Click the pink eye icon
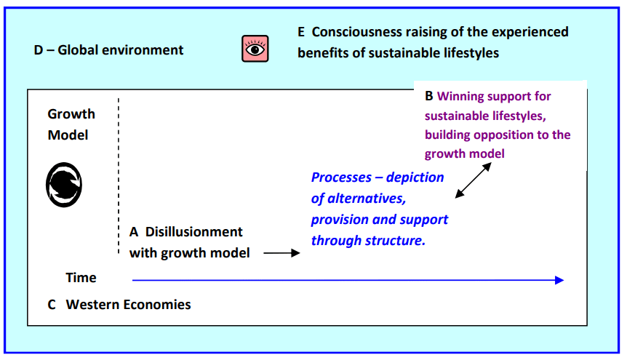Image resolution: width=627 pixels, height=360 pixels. click(x=255, y=49)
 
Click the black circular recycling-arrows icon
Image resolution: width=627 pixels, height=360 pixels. click(x=65, y=184)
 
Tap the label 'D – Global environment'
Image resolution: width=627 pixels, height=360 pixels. click(x=108, y=50)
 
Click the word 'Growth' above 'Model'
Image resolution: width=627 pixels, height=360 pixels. click(x=71, y=114)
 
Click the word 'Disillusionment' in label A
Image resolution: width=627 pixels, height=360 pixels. click(x=193, y=232)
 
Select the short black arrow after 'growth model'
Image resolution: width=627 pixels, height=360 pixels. click(x=281, y=253)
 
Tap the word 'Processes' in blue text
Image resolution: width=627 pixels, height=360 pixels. click(x=345, y=177)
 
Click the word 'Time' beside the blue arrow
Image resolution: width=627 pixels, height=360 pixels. click(x=81, y=278)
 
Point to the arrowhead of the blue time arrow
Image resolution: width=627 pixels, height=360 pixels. click(x=559, y=280)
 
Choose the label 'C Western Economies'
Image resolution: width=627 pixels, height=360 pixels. click(x=119, y=305)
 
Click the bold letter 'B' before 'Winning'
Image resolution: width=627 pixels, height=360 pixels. click(x=429, y=96)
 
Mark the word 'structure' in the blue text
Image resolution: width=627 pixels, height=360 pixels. click(x=399, y=240)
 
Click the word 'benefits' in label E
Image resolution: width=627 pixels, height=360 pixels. click(x=322, y=53)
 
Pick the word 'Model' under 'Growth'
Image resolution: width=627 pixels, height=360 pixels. click(x=68, y=135)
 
